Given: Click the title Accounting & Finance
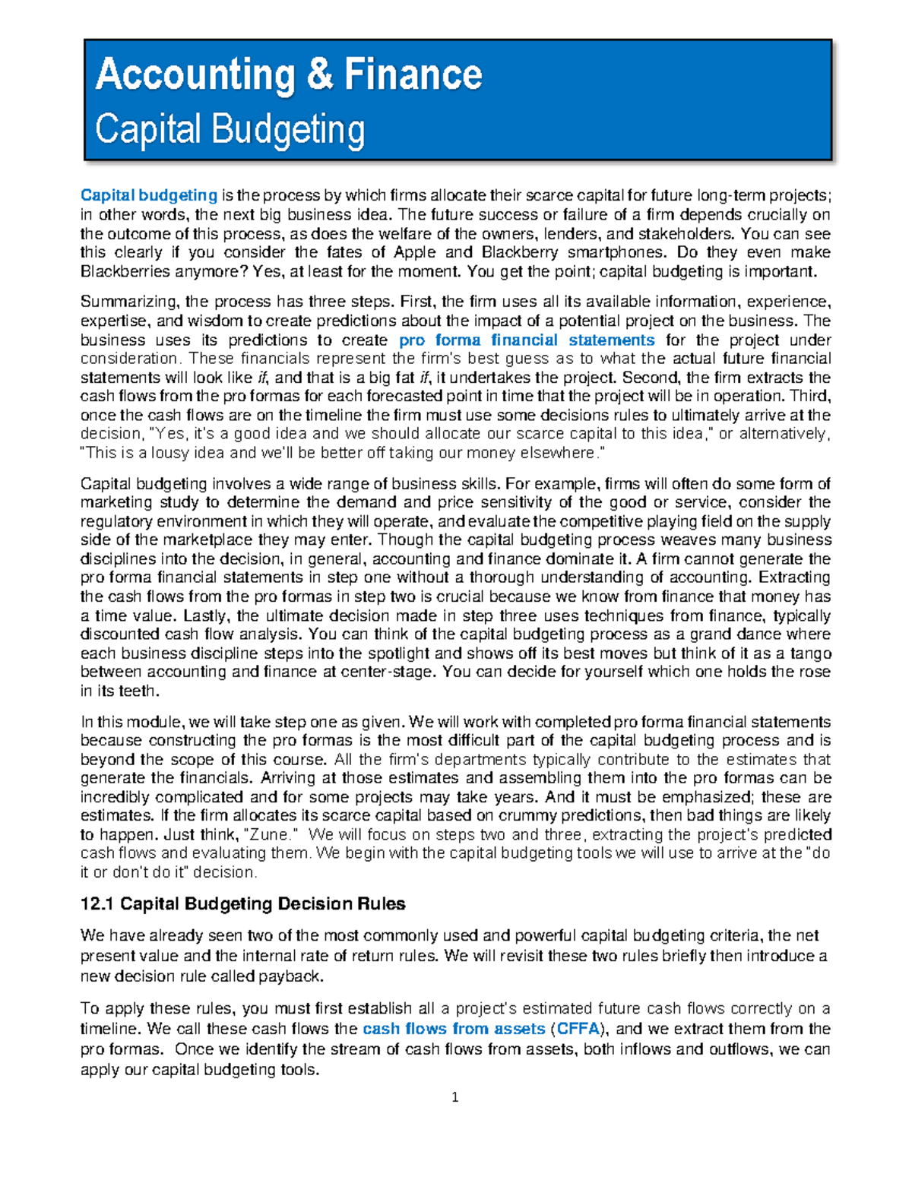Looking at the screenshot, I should pos(288,75).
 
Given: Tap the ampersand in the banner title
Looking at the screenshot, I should pos(318,75).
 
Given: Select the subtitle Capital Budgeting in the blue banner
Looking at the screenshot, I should pos(230,129).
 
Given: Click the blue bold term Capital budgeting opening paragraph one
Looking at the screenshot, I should pos(149,196).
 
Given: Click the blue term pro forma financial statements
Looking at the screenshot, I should pos(526,340).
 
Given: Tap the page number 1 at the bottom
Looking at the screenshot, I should pos(455,1097).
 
